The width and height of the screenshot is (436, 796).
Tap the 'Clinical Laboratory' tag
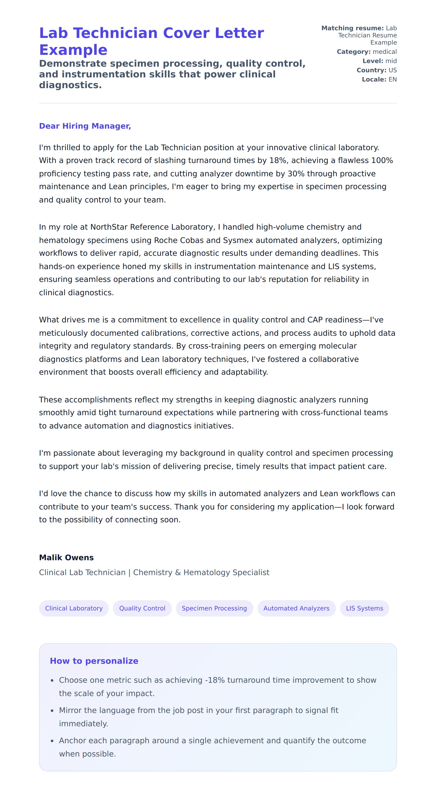click(74, 608)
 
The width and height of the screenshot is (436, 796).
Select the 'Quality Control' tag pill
click(142, 608)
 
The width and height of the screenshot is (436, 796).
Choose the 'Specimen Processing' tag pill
click(214, 608)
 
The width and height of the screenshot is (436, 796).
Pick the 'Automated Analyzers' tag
click(296, 608)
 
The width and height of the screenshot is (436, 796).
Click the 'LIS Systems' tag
click(364, 608)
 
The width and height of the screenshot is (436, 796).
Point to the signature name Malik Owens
click(66, 557)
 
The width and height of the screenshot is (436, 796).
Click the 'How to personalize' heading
click(94, 661)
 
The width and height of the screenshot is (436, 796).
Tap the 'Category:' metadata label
click(353, 52)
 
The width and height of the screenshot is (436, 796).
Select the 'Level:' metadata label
click(373, 61)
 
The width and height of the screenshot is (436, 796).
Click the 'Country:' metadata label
click(371, 70)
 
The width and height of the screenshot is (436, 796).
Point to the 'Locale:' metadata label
click(374, 79)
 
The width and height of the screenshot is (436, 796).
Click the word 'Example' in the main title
click(73, 50)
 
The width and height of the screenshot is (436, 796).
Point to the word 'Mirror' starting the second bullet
click(70, 710)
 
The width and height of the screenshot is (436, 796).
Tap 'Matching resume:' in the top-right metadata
click(352, 28)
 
